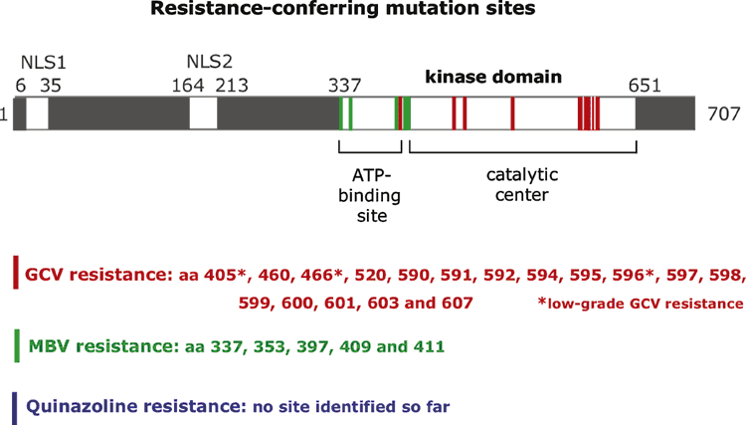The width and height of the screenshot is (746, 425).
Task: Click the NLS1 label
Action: tap(44, 63)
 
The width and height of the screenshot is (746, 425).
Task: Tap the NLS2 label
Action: tap(209, 62)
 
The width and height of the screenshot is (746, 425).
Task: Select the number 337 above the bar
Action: tap(345, 86)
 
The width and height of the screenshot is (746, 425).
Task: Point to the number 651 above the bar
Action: tap(645, 86)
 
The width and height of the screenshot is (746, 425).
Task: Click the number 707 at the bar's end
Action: tap(724, 114)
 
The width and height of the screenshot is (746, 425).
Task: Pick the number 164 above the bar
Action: tap(188, 86)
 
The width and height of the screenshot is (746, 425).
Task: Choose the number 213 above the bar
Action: tap(232, 86)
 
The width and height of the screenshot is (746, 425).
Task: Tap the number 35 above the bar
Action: tap(51, 86)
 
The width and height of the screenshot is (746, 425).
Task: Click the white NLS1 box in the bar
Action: tap(37, 113)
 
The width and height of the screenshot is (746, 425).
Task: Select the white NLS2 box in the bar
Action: tap(204, 113)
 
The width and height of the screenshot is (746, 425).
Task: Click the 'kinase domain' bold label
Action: tap(493, 77)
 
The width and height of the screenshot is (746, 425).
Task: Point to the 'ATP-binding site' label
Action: tap(370, 196)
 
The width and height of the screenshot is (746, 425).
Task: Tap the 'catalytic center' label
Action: tap(522, 185)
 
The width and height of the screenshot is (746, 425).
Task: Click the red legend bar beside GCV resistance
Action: tap(16, 273)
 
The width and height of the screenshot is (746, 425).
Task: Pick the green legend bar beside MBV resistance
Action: tap(17, 346)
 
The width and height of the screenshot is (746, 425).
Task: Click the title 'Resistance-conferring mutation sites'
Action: tap(343, 9)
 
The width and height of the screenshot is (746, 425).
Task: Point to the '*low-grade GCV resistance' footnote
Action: tap(641, 304)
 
